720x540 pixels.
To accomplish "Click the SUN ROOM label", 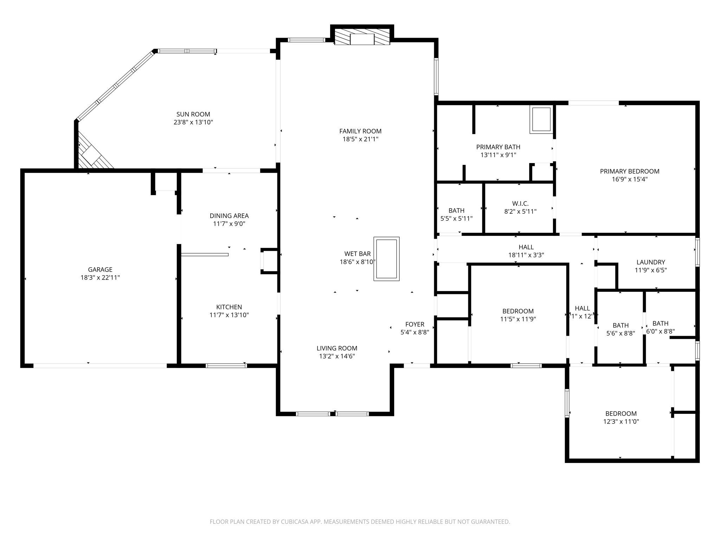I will pyautogui.click(x=193, y=114).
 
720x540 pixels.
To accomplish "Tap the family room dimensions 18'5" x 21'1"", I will pyautogui.click(x=360, y=139).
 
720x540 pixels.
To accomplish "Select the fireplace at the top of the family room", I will pyautogui.click(x=362, y=39).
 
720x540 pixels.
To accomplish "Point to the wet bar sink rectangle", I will pyautogui.click(x=386, y=259).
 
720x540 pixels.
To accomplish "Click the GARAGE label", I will pyautogui.click(x=100, y=270).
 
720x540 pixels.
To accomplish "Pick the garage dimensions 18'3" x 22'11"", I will pyautogui.click(x=100, y=278).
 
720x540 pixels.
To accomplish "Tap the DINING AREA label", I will pyautogui.click(x=229, y=216).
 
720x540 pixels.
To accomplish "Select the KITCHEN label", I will pyautogui.click(x=229, y=307).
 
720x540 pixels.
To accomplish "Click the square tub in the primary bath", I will pyautogui.click(x=541, y=120).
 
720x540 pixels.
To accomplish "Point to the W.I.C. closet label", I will pyautogui.click(x=520, y=204).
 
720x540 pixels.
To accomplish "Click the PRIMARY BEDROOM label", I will pyautogui.click(x=629, y=171).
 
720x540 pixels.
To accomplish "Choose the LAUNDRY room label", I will pyautogui.click(x=651, y=262).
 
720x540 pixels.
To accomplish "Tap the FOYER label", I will pyautogui.click(x=415, y=324).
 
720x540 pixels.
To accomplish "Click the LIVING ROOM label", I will pyautogui.click(x=337, y=348).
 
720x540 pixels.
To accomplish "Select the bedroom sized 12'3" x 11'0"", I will pyautogui.click(x=621, y=418).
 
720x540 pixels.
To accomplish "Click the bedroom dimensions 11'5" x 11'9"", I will pyautogui.click(x=518, y=319).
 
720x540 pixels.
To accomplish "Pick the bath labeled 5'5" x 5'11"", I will pyautogui.click(x=456, y=214).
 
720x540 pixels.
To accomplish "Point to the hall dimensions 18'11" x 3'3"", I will pyautogui.click(x=526, y=255).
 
